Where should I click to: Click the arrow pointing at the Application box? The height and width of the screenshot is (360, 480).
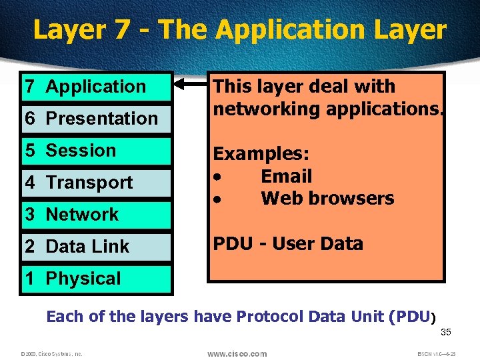[191, 85]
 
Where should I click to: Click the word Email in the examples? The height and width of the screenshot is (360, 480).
[286, 177]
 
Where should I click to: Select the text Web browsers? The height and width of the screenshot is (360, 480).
[327, 199]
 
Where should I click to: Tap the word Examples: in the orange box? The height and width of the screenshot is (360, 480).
[261, 154]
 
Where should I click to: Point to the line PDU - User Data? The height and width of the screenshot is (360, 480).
[288, 244]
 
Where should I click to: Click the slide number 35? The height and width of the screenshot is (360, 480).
[447, 333]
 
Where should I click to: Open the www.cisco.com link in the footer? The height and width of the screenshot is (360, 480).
[237, 353]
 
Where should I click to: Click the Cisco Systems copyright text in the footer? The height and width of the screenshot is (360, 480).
[51, 354]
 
